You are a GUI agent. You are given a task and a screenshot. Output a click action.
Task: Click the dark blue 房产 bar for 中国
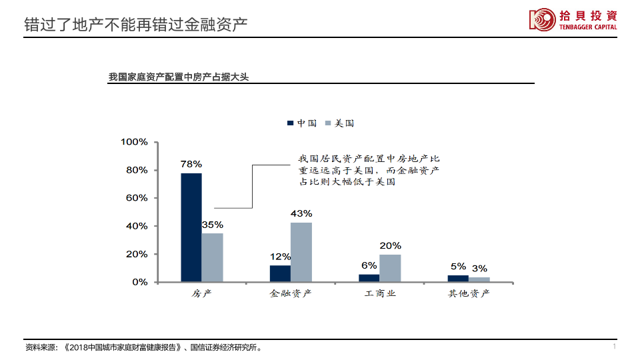pyautogui.click(x=191, y=227)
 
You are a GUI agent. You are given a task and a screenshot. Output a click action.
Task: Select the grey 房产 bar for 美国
pyautogui.click(x=213, y=257)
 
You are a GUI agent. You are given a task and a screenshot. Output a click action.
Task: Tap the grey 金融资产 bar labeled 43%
pyautogui.click(x=301, y=252)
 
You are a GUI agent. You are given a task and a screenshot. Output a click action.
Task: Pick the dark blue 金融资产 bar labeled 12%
pyautogui.click(x=280, y=273)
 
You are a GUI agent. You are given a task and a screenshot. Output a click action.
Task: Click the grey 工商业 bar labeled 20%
pyautogui.click(x=390, y=268)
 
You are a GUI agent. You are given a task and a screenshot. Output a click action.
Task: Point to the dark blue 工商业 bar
pyautogui.click(x=369, y=278)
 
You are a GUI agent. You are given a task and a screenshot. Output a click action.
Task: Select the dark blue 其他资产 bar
pyautogui.click(x=458, y=279)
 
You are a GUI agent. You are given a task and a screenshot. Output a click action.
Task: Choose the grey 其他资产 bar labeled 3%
pyautogui.click(x=479, y=279)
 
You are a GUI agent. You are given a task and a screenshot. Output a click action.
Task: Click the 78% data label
pyautogui.click(x=191, y=164)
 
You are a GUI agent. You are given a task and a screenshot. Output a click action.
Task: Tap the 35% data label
pyautogui.click(x=213, y=225)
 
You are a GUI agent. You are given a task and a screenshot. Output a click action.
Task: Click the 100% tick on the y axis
pyautogui.click(x=134, y=142)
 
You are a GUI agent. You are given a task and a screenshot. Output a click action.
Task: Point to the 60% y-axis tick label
pyautogui.click(x=137, y=198)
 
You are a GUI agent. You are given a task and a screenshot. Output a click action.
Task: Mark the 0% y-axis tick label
pyautogui.click(x=139, y=282)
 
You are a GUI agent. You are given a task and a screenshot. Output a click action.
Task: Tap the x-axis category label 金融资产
pyautogui.click(x=291, y=293)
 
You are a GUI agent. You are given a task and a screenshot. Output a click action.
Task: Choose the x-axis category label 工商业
pyautogui.click(x=380, y=293)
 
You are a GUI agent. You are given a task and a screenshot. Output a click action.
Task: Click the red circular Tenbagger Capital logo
pyautogui.click(x=542, y=19)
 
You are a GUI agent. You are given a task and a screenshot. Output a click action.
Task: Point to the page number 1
pyautogui.click(x=613, y=347)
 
